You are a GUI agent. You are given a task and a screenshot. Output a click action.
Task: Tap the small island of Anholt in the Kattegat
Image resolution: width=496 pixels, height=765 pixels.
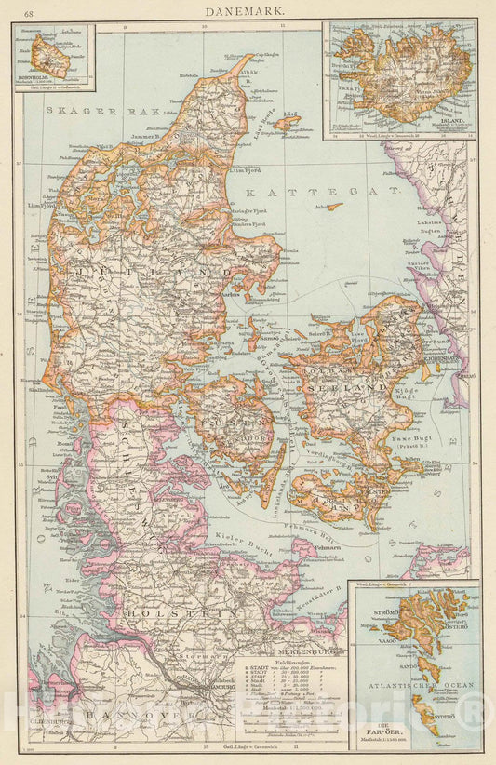pos(332,207)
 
